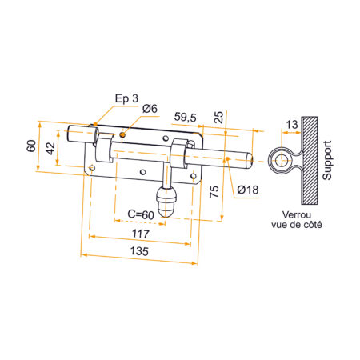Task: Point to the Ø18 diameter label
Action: point(246,190)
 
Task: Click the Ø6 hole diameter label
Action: point(150,110)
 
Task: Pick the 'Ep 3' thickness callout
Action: point(126,98)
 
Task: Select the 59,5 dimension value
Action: point(186,117)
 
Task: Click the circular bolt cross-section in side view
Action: point(281,161)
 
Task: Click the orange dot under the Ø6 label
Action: point(122,135)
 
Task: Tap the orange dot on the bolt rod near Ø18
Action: point(228,160)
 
